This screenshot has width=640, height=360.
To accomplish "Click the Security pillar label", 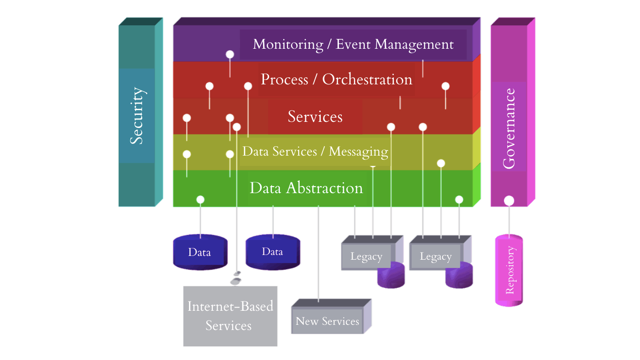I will pyautogui.click(x=136, y=115).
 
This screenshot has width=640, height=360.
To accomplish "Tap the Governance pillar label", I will pyautogui.click(x=509, y=128).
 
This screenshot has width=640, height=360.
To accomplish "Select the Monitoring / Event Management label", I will pyautogui.click(x=353, y=45).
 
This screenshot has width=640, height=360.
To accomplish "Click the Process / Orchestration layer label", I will pyautogui.click(x=336, y=79).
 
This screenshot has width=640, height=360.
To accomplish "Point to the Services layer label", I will pyautogui.click(x=315, y=116).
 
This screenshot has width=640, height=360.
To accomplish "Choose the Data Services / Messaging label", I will pyautogui.click(x=315, y=151).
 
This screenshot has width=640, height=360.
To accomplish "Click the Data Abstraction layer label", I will pyautogui.click(x=306, y=188).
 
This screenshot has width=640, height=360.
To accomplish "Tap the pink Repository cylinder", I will pyautogui.click(x=509, y=270).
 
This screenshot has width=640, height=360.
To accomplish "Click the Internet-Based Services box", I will pyautogui.click(x=230, y=316).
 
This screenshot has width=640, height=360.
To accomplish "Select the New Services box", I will pyautogui.click(x=327, y=321).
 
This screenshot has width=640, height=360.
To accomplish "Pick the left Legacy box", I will pyautogui.click(x=366, y=257).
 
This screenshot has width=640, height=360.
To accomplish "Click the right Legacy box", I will pyautogui.click(x=435, y=257).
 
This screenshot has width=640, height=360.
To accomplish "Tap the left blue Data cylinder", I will pyautogui.click(x=200, y=253).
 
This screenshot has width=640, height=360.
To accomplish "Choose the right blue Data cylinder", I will pyautogui.click(x=272, y=252).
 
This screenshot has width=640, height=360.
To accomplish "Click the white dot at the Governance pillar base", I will pyautogui.click(x=509, y=201).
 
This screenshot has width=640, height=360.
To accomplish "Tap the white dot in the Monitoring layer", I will pyautogui.click(x=230, y=54).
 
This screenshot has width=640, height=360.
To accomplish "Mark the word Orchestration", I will pyautogui.click(x=367, y=79).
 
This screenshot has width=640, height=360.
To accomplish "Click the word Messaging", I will pyautogui.click(x=358, y=151).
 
